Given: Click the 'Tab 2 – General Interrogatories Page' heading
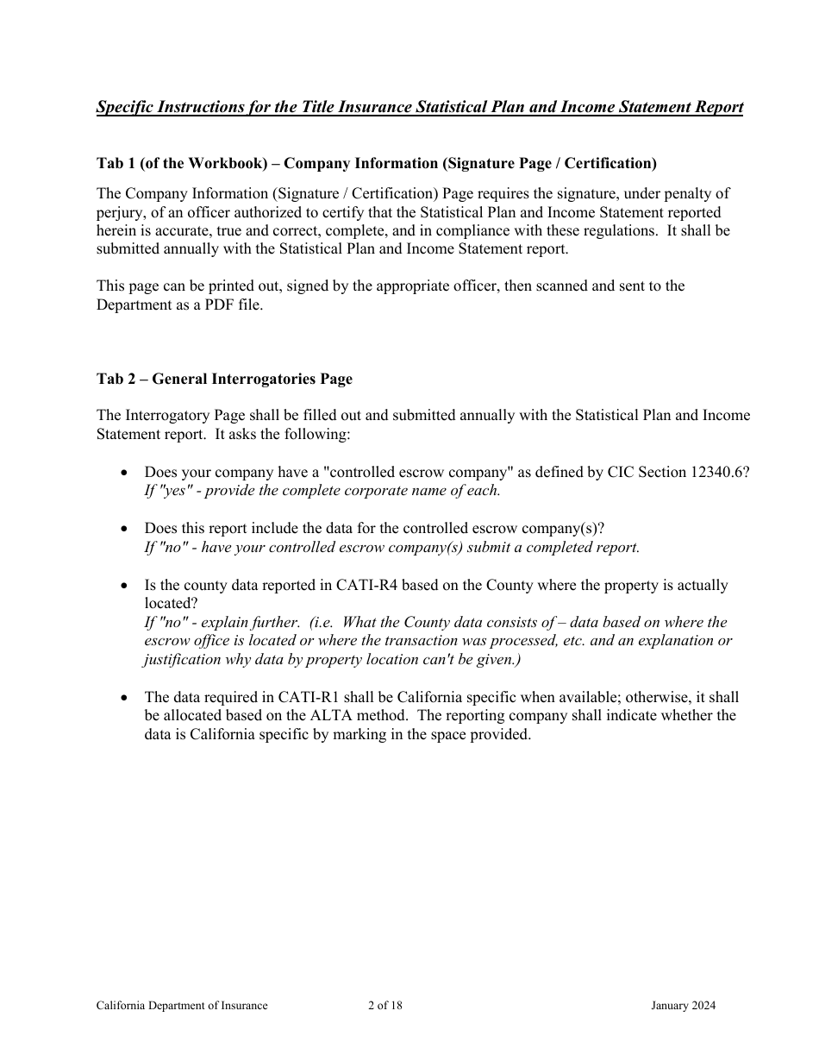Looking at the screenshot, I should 224,379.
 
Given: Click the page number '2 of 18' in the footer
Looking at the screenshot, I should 385,1005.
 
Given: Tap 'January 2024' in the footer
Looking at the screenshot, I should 684,1005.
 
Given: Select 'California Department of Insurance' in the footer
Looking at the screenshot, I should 182,1005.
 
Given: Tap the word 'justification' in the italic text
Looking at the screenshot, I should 184,660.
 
